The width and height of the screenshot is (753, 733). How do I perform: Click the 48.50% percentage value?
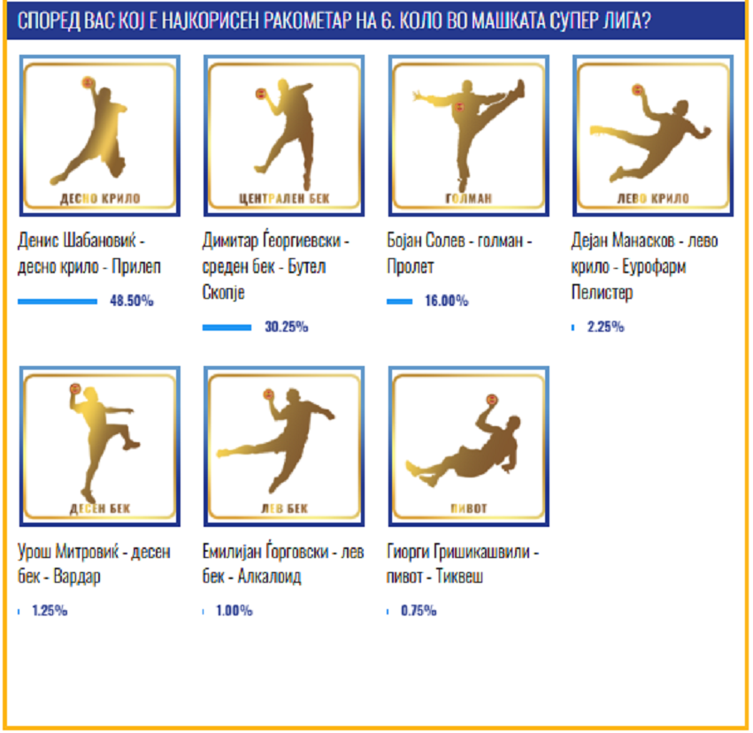pos(132,301)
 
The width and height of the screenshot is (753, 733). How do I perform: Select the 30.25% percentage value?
pos(286,327)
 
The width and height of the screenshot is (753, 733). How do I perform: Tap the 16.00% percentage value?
pos(447,301)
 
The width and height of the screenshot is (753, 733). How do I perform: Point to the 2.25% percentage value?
pos(605,327)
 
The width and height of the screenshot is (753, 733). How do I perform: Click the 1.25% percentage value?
pos(50,611)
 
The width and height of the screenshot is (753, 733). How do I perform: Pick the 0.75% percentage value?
pos(419,611)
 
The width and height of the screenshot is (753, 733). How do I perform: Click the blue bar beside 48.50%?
pos(58,302)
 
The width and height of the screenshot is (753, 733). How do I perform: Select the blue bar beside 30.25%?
pos(227,327)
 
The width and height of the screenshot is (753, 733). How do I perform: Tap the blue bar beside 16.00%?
pos(400,302)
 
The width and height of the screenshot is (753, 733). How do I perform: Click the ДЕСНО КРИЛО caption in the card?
pos(100,198)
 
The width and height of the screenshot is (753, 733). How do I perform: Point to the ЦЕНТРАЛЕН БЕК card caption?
pos(284,198)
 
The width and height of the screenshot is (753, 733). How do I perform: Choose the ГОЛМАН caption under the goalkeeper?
pos(469,198)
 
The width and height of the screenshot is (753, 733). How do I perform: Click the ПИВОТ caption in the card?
pos(469,508)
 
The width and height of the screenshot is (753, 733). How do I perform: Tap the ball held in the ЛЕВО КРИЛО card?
pos(638,90)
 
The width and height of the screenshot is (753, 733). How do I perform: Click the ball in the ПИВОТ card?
pos(491,400)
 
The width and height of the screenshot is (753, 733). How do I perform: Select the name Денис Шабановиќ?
pos(77,240)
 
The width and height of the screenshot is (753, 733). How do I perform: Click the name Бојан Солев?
pos(426,240)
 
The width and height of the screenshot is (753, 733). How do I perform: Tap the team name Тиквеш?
pos(459,576)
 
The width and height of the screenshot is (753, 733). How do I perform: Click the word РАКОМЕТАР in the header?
pos(319,20)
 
